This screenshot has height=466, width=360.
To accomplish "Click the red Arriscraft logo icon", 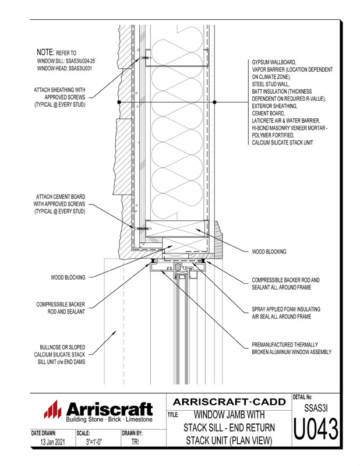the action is click(52, 409).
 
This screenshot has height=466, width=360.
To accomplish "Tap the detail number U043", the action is click(316, 429).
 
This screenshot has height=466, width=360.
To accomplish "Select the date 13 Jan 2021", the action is click(52, 442).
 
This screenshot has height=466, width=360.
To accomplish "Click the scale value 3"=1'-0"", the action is click(94, 442).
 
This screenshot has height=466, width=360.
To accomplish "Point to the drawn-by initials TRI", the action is click(135, 442).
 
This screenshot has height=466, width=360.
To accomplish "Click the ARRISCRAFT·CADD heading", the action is click(229, 402).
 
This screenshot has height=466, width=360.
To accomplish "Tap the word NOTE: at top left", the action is click(45, 52).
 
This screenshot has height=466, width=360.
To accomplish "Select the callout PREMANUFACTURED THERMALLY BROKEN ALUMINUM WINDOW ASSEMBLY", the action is click(291, 348).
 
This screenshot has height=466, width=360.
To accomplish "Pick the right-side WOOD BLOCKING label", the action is click(269, 252).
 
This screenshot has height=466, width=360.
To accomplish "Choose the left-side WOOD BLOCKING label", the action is click(68, 277).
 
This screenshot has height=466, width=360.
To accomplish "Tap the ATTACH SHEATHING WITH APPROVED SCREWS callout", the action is click(59, 97).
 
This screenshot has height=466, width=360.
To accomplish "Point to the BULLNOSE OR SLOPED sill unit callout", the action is click(59, 355).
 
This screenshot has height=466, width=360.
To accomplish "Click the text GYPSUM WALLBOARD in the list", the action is click(274, 62).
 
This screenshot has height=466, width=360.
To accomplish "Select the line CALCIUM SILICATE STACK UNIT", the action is click(283, 143).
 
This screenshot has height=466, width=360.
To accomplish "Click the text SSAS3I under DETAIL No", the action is click(316, 408).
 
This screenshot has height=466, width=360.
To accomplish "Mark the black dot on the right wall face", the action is click(214, 102).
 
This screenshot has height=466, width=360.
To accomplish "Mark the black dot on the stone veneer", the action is click(119, 102).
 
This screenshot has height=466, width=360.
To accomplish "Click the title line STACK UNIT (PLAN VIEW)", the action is click(229, 440).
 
